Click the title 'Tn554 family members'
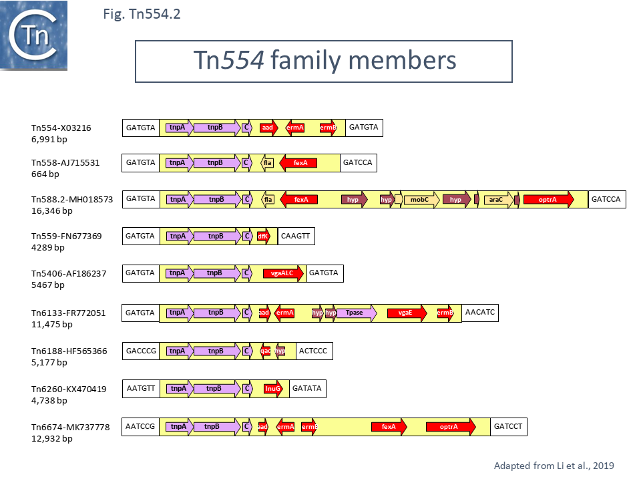tap(325, 61)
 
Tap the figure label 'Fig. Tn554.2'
tap(142, 14)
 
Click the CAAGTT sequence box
tap(296, 236)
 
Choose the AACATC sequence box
tap(480, 313)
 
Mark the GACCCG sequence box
tap(141, 351)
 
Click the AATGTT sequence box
tap(141, 389)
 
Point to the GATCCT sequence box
tap(509, 426)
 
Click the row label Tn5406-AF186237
tap(69, 273)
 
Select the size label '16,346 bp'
tap(52, 210)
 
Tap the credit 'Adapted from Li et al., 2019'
tap(554, 466)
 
